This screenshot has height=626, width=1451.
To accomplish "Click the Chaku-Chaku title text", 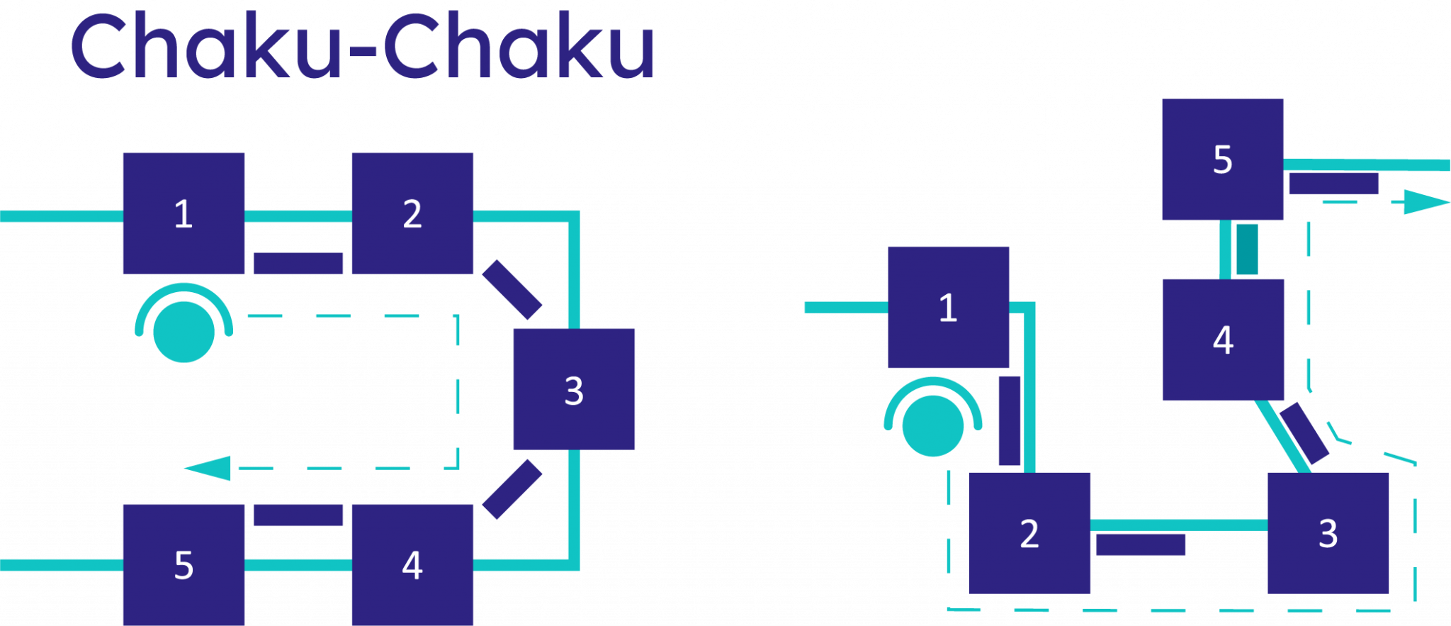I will tap(362, 47).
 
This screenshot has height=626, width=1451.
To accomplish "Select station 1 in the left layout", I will tap(184, 213).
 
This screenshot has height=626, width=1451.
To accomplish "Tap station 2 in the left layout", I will tap(412, 213).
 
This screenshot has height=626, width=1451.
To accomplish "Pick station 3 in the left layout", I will tap(574, 389).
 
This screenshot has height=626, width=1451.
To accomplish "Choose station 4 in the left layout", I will tap(412, 564).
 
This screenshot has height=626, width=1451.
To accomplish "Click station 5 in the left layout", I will tap(184, 564).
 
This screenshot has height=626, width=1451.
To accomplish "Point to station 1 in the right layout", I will tap(948, 307).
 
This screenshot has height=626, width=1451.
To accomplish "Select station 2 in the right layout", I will tap(1029, 532).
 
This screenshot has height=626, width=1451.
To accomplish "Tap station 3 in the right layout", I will tap(1328, 532).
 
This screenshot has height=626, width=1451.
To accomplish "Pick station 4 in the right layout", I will tap(1223, 340).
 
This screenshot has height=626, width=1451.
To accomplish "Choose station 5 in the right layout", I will tap(1222, 159).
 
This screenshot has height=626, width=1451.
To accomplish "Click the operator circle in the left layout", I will tap(184, 331).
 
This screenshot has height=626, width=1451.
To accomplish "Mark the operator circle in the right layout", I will tap(933, 425).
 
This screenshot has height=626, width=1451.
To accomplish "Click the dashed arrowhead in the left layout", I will tap(208, 468).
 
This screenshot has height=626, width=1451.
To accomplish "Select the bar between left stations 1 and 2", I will tap(298, 263).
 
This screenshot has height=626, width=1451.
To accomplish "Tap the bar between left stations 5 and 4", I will tap(298, 515).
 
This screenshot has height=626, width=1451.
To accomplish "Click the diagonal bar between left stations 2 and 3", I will tap(512, 289).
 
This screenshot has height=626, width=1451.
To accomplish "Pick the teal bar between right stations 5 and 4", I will tap(1247, 249).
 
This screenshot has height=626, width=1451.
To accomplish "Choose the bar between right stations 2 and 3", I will tap(1141, 544).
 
